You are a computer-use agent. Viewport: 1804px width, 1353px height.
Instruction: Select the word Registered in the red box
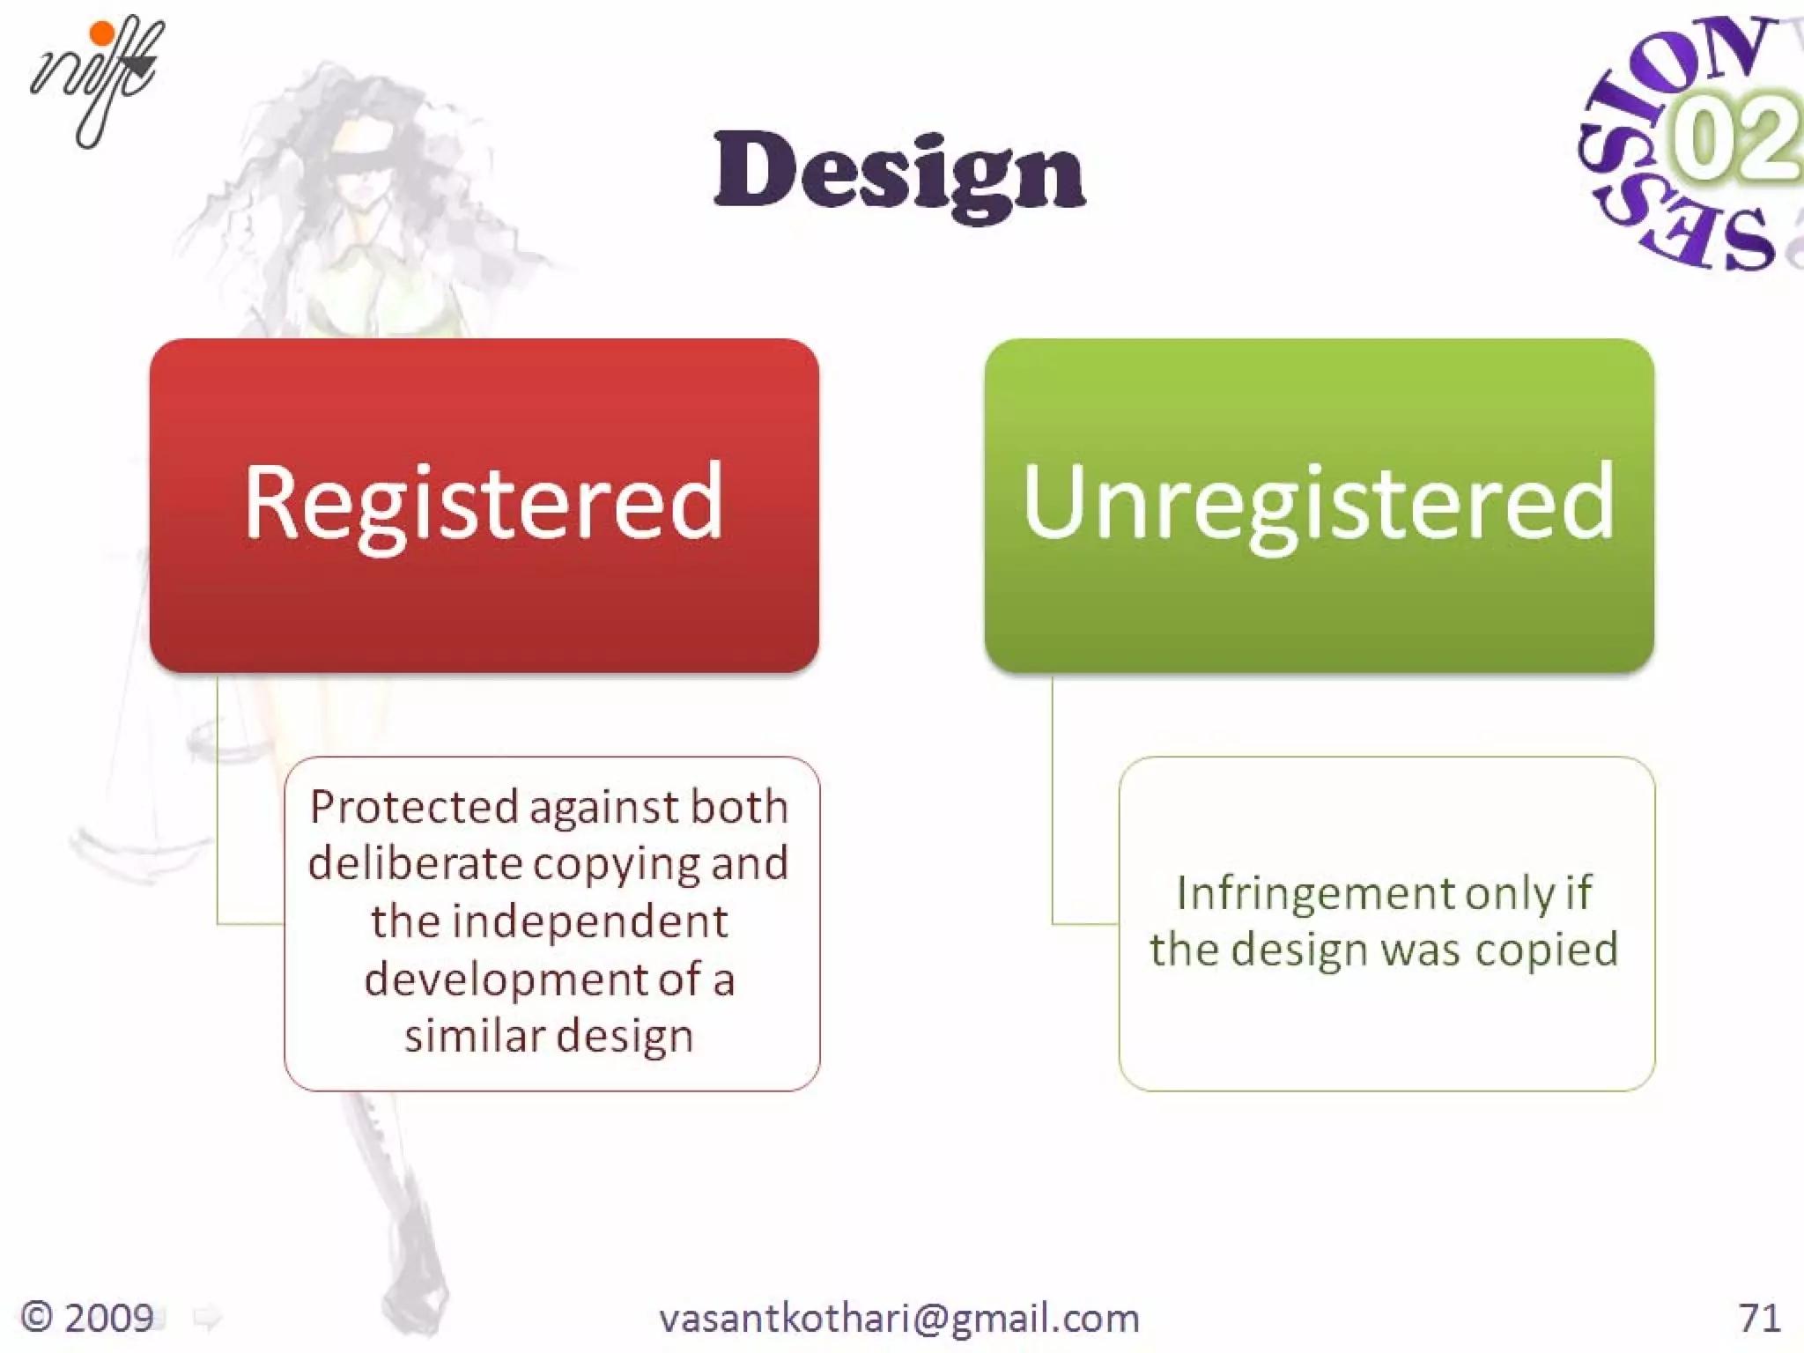pos(484,502)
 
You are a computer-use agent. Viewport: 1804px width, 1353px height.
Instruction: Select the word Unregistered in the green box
pos(1319,502)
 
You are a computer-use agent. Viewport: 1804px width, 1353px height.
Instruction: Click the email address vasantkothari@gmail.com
pos(898,1319)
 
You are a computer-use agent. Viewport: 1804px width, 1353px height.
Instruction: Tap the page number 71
pos(1759,1319)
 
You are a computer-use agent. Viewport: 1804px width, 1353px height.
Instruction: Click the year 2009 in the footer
pos(109,1319)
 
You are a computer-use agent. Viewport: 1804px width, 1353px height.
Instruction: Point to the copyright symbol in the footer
pos(37,1318)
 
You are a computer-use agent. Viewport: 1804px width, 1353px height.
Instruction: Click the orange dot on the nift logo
pos(103,33)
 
